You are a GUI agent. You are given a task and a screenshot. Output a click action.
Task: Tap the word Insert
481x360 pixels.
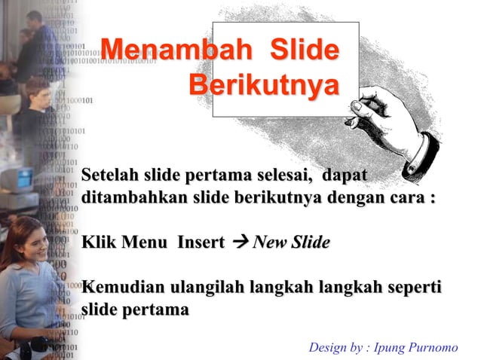click(x=201, y=243)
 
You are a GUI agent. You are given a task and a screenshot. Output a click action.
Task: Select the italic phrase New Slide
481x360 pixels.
click(x=292, y=243)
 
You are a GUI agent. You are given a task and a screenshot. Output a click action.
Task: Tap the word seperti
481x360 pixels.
click(x=415, y=288)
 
